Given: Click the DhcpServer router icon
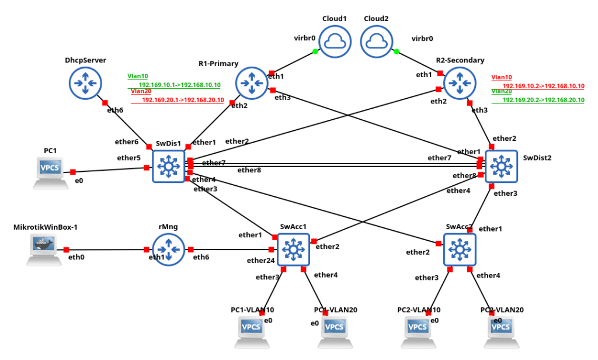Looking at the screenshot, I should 86,83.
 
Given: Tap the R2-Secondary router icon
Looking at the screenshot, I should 461,83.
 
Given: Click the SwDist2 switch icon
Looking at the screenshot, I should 500,167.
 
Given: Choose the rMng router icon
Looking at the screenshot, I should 169,250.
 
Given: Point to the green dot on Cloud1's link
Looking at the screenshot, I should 315,52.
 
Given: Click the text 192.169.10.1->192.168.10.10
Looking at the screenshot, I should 179,85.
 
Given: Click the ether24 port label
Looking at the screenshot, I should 260,260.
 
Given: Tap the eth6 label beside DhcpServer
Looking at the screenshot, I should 116,110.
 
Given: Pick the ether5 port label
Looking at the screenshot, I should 128,158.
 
